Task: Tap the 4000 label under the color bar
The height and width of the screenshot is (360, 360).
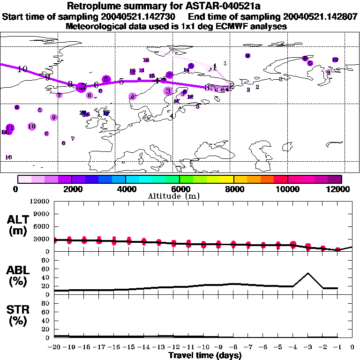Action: click(126, 189)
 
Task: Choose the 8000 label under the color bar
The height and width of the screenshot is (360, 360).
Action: click(233, 189)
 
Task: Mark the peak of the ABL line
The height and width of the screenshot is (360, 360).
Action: click(308, 273)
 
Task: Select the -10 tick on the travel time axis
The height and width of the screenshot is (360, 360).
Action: click(203, 347)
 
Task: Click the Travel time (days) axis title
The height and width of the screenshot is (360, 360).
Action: click(205, 356)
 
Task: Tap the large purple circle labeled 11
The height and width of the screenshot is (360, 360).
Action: click(9, 128)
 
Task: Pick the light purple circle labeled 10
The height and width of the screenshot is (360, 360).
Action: click(32, 126)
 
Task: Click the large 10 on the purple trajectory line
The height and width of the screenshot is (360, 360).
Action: click(22, 69)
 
